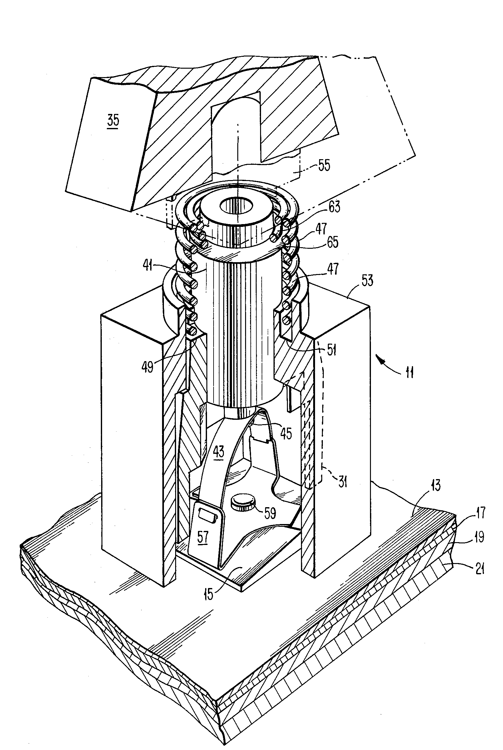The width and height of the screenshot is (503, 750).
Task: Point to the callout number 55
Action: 324,166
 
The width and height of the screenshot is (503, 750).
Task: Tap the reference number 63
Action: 334,207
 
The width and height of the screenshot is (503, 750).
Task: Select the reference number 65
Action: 332,243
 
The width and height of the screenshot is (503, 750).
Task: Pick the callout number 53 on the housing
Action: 367,281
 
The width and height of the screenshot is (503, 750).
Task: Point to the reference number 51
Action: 331,350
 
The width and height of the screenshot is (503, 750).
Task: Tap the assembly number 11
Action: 409,373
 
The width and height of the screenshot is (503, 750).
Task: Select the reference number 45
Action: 286,434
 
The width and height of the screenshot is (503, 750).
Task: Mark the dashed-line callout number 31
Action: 343,482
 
